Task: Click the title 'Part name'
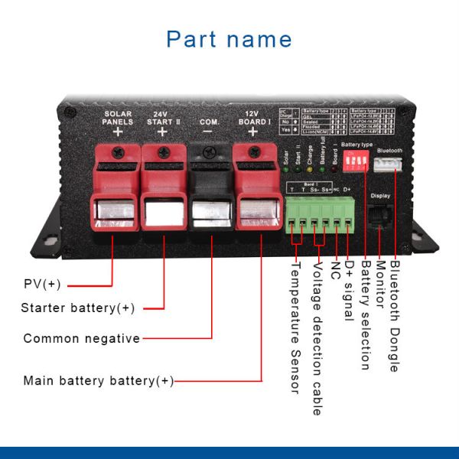(x=229, y=39)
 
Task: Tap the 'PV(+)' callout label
(x=42, y=285)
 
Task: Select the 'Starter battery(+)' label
(x=78, y=308)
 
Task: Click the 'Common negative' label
(x=82, y=338)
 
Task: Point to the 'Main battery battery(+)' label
(x=99, y=380)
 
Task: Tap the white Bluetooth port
(x=389, y=164)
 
